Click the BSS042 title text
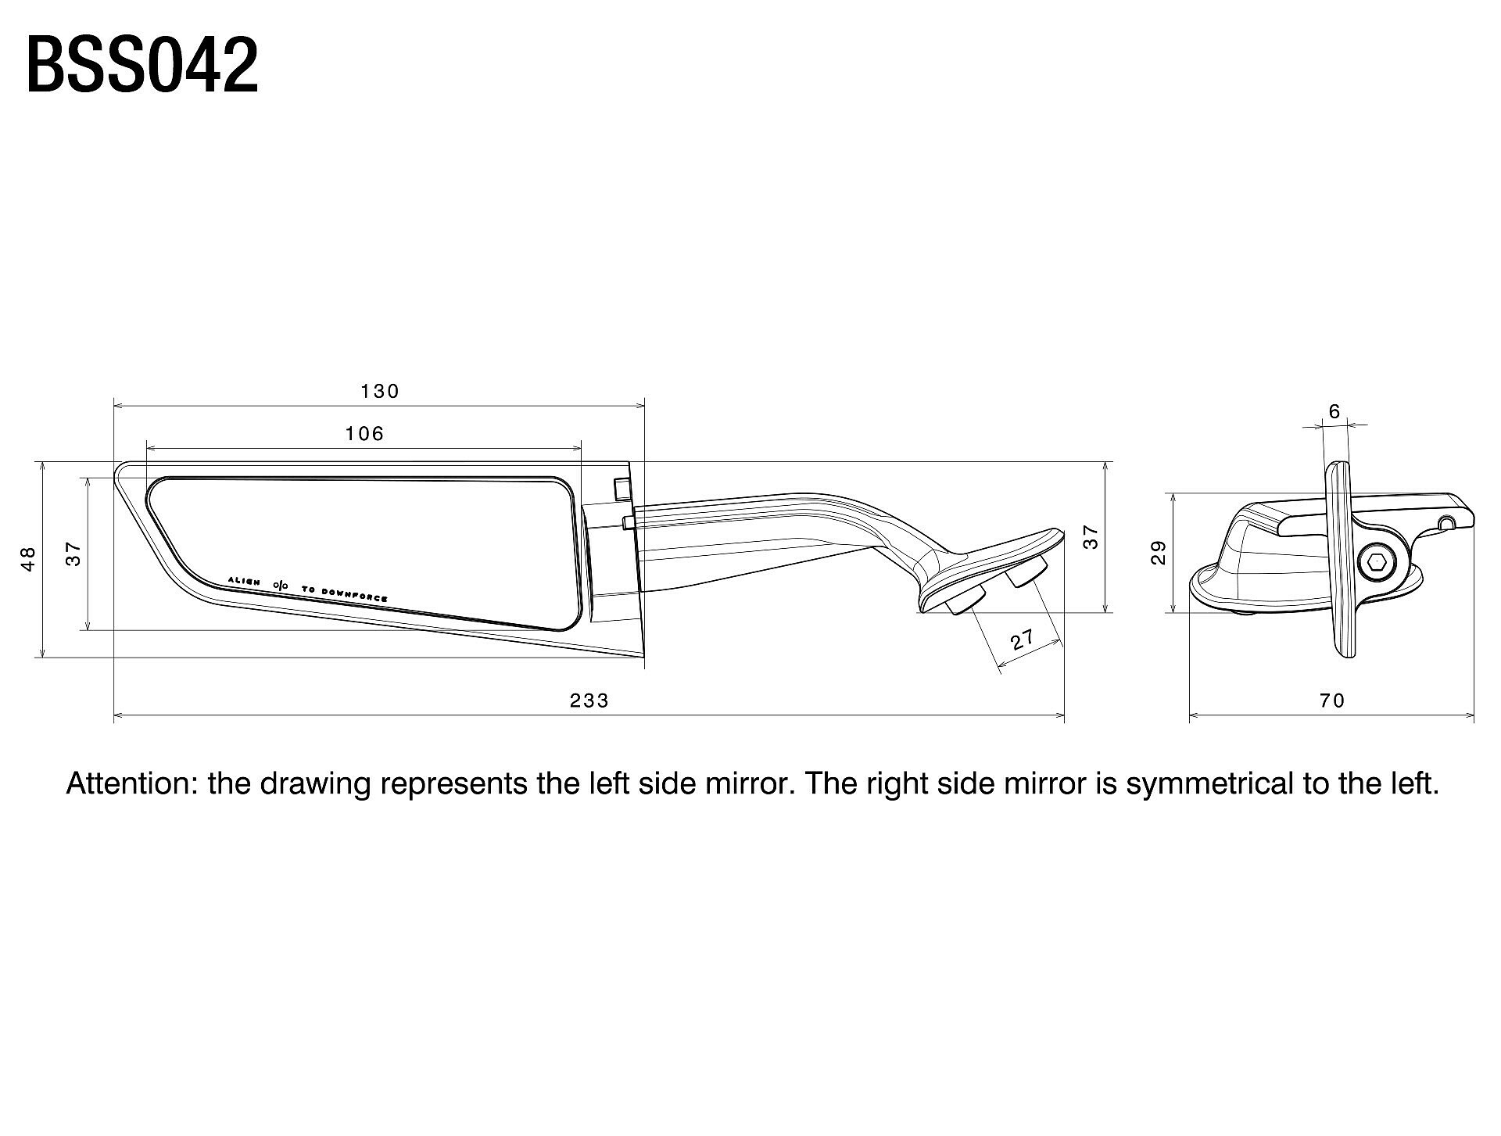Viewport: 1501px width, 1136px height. (142, 66)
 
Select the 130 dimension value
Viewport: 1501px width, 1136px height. (380, 391)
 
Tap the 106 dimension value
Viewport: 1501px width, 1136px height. (365, 433)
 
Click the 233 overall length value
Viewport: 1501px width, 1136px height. (589, 701)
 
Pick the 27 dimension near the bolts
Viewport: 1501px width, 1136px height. (1023, 640)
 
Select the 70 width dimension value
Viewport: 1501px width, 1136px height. (1331, 701)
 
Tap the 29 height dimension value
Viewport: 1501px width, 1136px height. (1159, 553)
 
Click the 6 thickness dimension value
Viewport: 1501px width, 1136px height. (1334, 411)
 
